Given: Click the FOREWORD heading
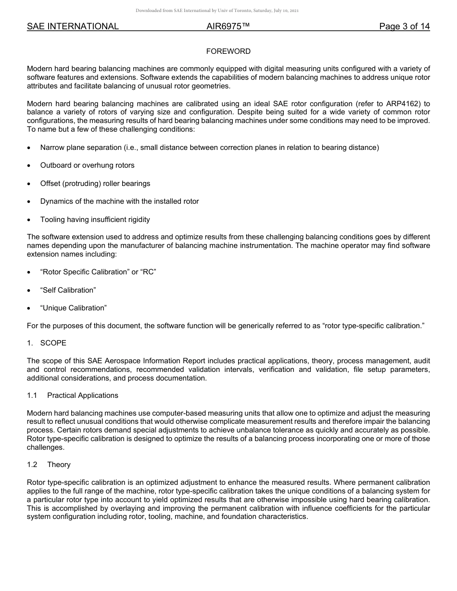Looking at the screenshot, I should pyautogui.click(x=228, y=51).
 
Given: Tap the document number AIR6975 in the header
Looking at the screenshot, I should pyautogui.click(x=228, y=27).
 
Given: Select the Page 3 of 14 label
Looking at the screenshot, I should pyautogui.click(x=404, y=27).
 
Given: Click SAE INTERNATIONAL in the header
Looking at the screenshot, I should pyautogui.click(x=73, y=27).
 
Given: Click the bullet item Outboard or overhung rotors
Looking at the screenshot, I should pyautogui.click(x=87, y=165).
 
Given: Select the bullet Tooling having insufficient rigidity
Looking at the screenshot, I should pyautogui.click(x=95, y=220).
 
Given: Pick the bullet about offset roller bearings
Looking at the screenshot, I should pyautogui.click(x=95, y=184).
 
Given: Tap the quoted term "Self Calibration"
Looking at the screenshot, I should pyautogui.click(x=68, y=290).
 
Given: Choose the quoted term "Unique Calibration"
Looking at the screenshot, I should pyautogui.click(x=73, y=308).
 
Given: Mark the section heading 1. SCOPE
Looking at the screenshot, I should pyautogui.click(x=47, y=343).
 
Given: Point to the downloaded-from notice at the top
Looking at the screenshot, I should pyautogui.click(x=217, y=11).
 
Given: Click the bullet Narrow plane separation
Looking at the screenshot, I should pyautogui.click(x=209, y=148).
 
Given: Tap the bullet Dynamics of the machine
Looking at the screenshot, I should pyautogui.click(x=119, y=201).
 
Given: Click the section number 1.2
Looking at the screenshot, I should pyautogui.click(x=32, y=465).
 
